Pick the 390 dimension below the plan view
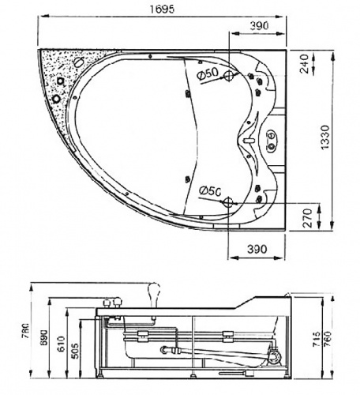259,249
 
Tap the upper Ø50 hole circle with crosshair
230,77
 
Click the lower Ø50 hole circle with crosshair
230,203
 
